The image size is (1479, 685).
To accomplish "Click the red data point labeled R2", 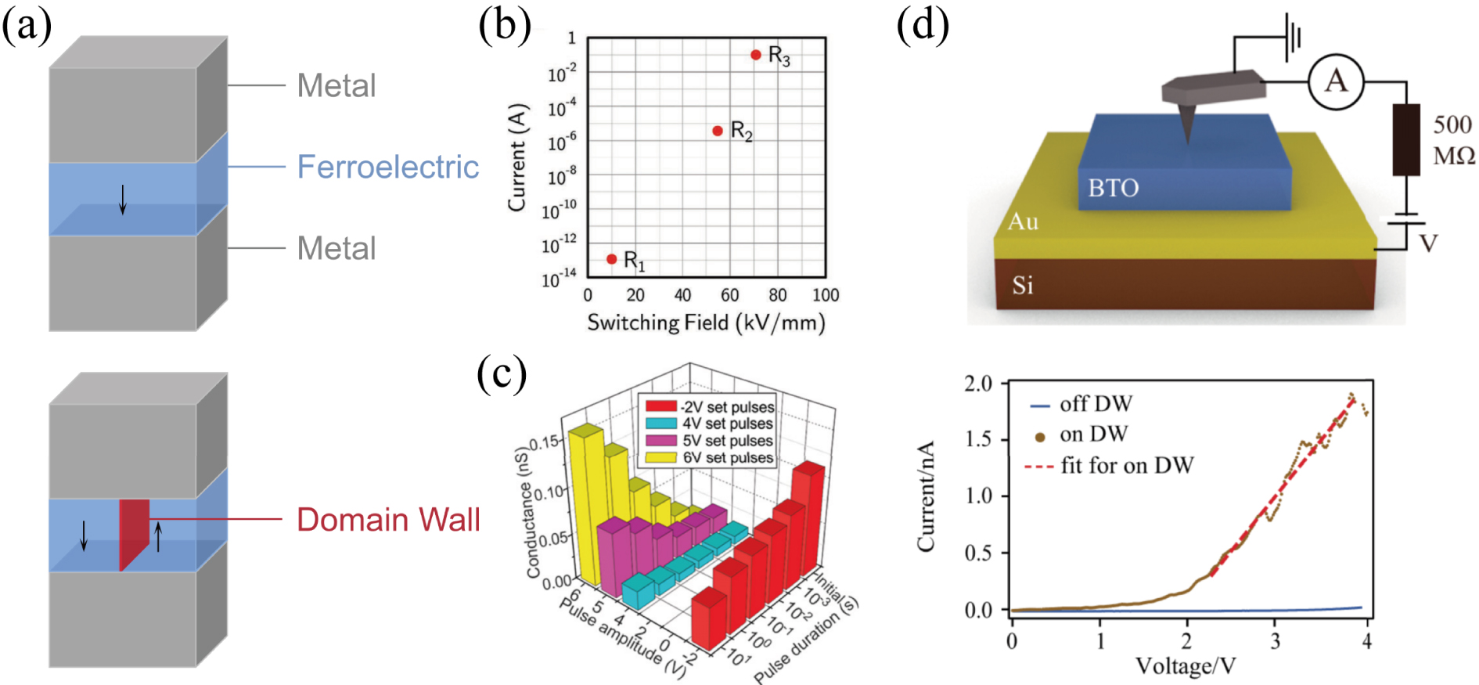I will (718, 131).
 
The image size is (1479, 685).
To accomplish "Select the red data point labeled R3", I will (756, 55).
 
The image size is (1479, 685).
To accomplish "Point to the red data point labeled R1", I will (612, 259).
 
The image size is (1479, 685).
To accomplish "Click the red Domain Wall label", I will (388, 520).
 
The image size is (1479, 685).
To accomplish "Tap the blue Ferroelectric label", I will (387, 167).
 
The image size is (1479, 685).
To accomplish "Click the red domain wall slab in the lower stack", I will (134, 532).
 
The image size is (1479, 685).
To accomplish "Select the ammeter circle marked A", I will (1336, 81).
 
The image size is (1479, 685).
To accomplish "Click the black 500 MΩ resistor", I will (1405, 139).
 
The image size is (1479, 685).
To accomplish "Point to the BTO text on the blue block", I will (1113, 188).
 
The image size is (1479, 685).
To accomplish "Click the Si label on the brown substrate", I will (1022, 286).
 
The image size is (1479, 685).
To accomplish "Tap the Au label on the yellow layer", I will (1023, 222).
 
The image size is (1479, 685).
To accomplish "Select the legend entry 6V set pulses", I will (727, 457).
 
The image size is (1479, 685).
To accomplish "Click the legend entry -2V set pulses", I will (727, 407).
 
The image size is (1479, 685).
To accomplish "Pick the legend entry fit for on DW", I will (1126, 466).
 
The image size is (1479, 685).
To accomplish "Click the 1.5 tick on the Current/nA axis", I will (978, 439).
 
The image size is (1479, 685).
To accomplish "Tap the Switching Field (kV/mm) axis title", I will (706, 323).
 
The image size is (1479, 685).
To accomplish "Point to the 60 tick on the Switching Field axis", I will (730, 295).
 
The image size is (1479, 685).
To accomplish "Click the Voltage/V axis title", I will (1186, 666).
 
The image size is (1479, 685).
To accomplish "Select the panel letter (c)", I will (502, 373).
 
